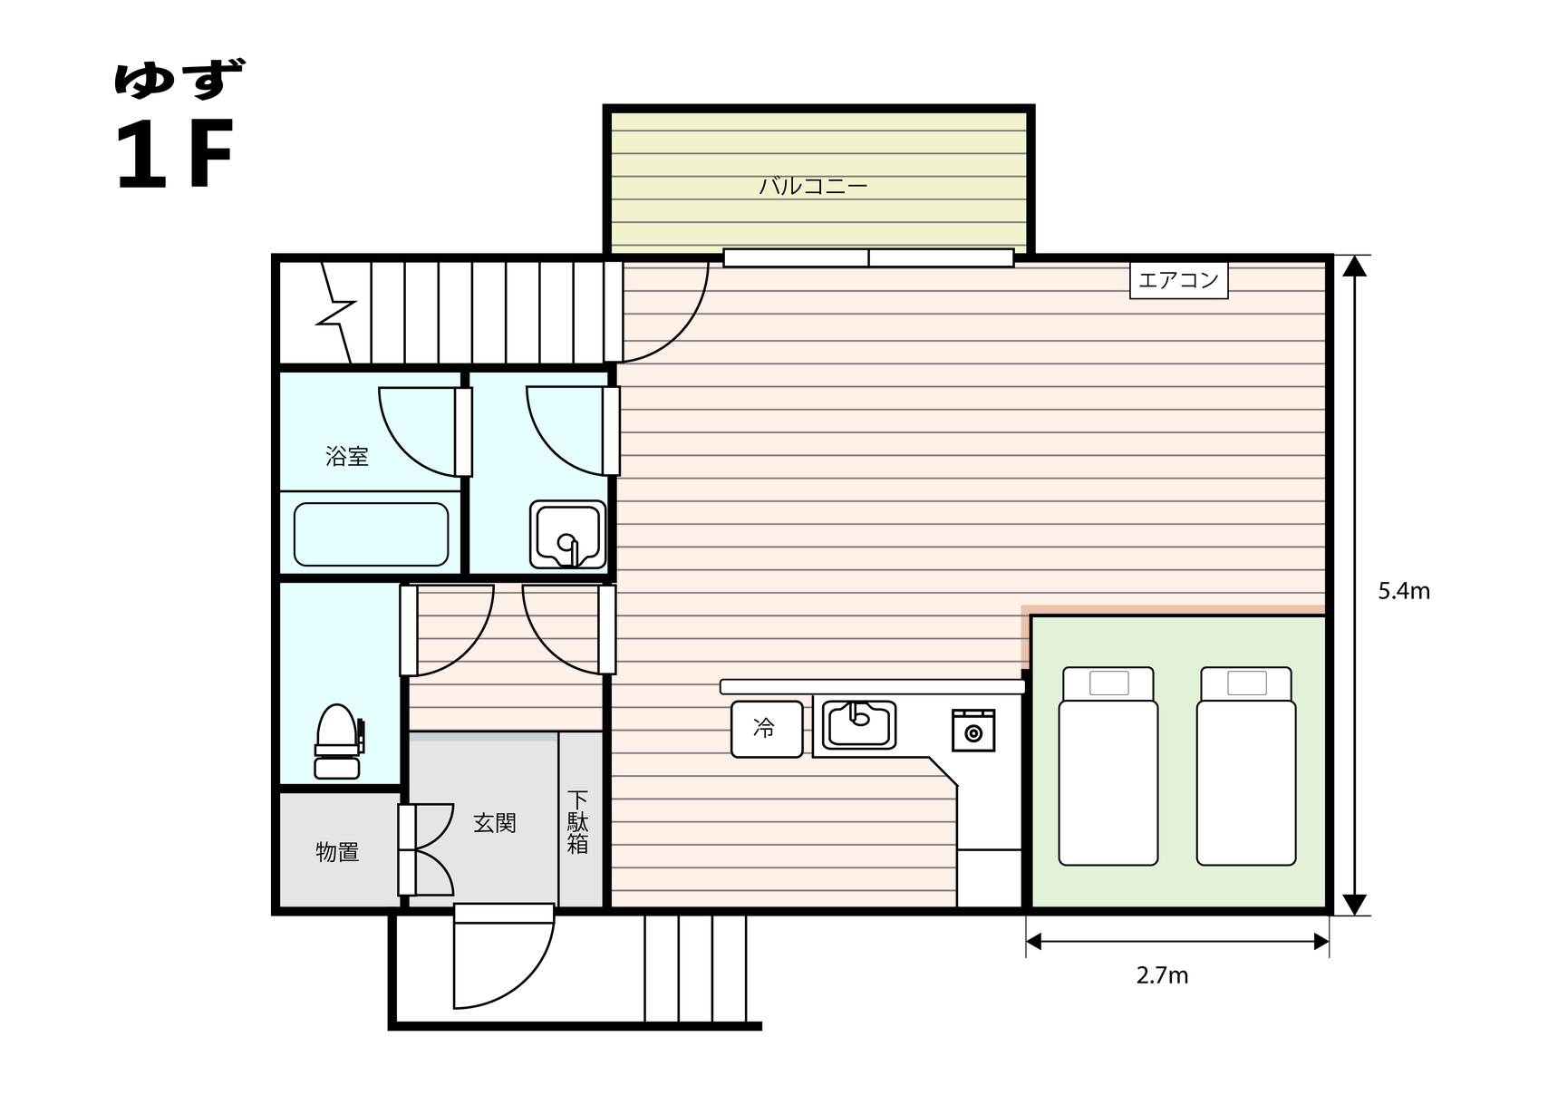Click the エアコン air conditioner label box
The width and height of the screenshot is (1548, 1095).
pyautogui.click(x=1178, y=280)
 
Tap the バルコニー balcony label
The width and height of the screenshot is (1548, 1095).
pyautogui.click(x=813, y=187)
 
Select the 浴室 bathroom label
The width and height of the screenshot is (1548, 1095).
pyautogui.click(x=347, y=456)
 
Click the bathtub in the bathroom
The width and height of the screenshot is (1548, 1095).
pyautogui.click(x=371, y=535)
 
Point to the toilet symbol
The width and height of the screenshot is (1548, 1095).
pyautogui.click(x=339, y=741)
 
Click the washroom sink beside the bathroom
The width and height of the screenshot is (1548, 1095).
pyautogui.click(x=567, y=535)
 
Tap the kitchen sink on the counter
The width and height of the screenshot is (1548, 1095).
pyautogui.click(x=859, y=725)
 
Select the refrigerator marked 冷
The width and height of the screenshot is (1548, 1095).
pyautogui.click(x=767, y=729)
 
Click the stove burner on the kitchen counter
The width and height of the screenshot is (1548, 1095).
pyautogui.click(x=973, y=730)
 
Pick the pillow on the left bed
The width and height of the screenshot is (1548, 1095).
pyautogui.click(x=1108, y=683)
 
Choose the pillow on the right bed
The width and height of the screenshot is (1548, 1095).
pyautogui.click(x=1247, y=683)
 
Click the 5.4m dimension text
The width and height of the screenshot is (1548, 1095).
pyautogui.click(x=1404, y=591)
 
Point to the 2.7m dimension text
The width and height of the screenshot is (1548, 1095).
pyautogui.click(x=1163, y=975)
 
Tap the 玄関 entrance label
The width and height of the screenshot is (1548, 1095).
pyautogui.click(x=495, y=823)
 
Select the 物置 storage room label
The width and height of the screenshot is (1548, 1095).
pyautogui.click(x=337, y=852)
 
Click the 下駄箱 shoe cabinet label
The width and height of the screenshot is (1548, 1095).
pyautogui.click(x=577, y=823)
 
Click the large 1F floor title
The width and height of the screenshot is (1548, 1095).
pyautogui.click(x=173, y=154)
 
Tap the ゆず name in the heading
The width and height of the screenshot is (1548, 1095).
pyautogui.click(x=179, y=79)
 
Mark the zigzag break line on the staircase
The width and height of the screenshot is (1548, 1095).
pyautogui.click(x=336, y=313)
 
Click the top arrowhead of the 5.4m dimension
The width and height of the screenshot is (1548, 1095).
pyautogui.click(x=1354, y=266)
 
